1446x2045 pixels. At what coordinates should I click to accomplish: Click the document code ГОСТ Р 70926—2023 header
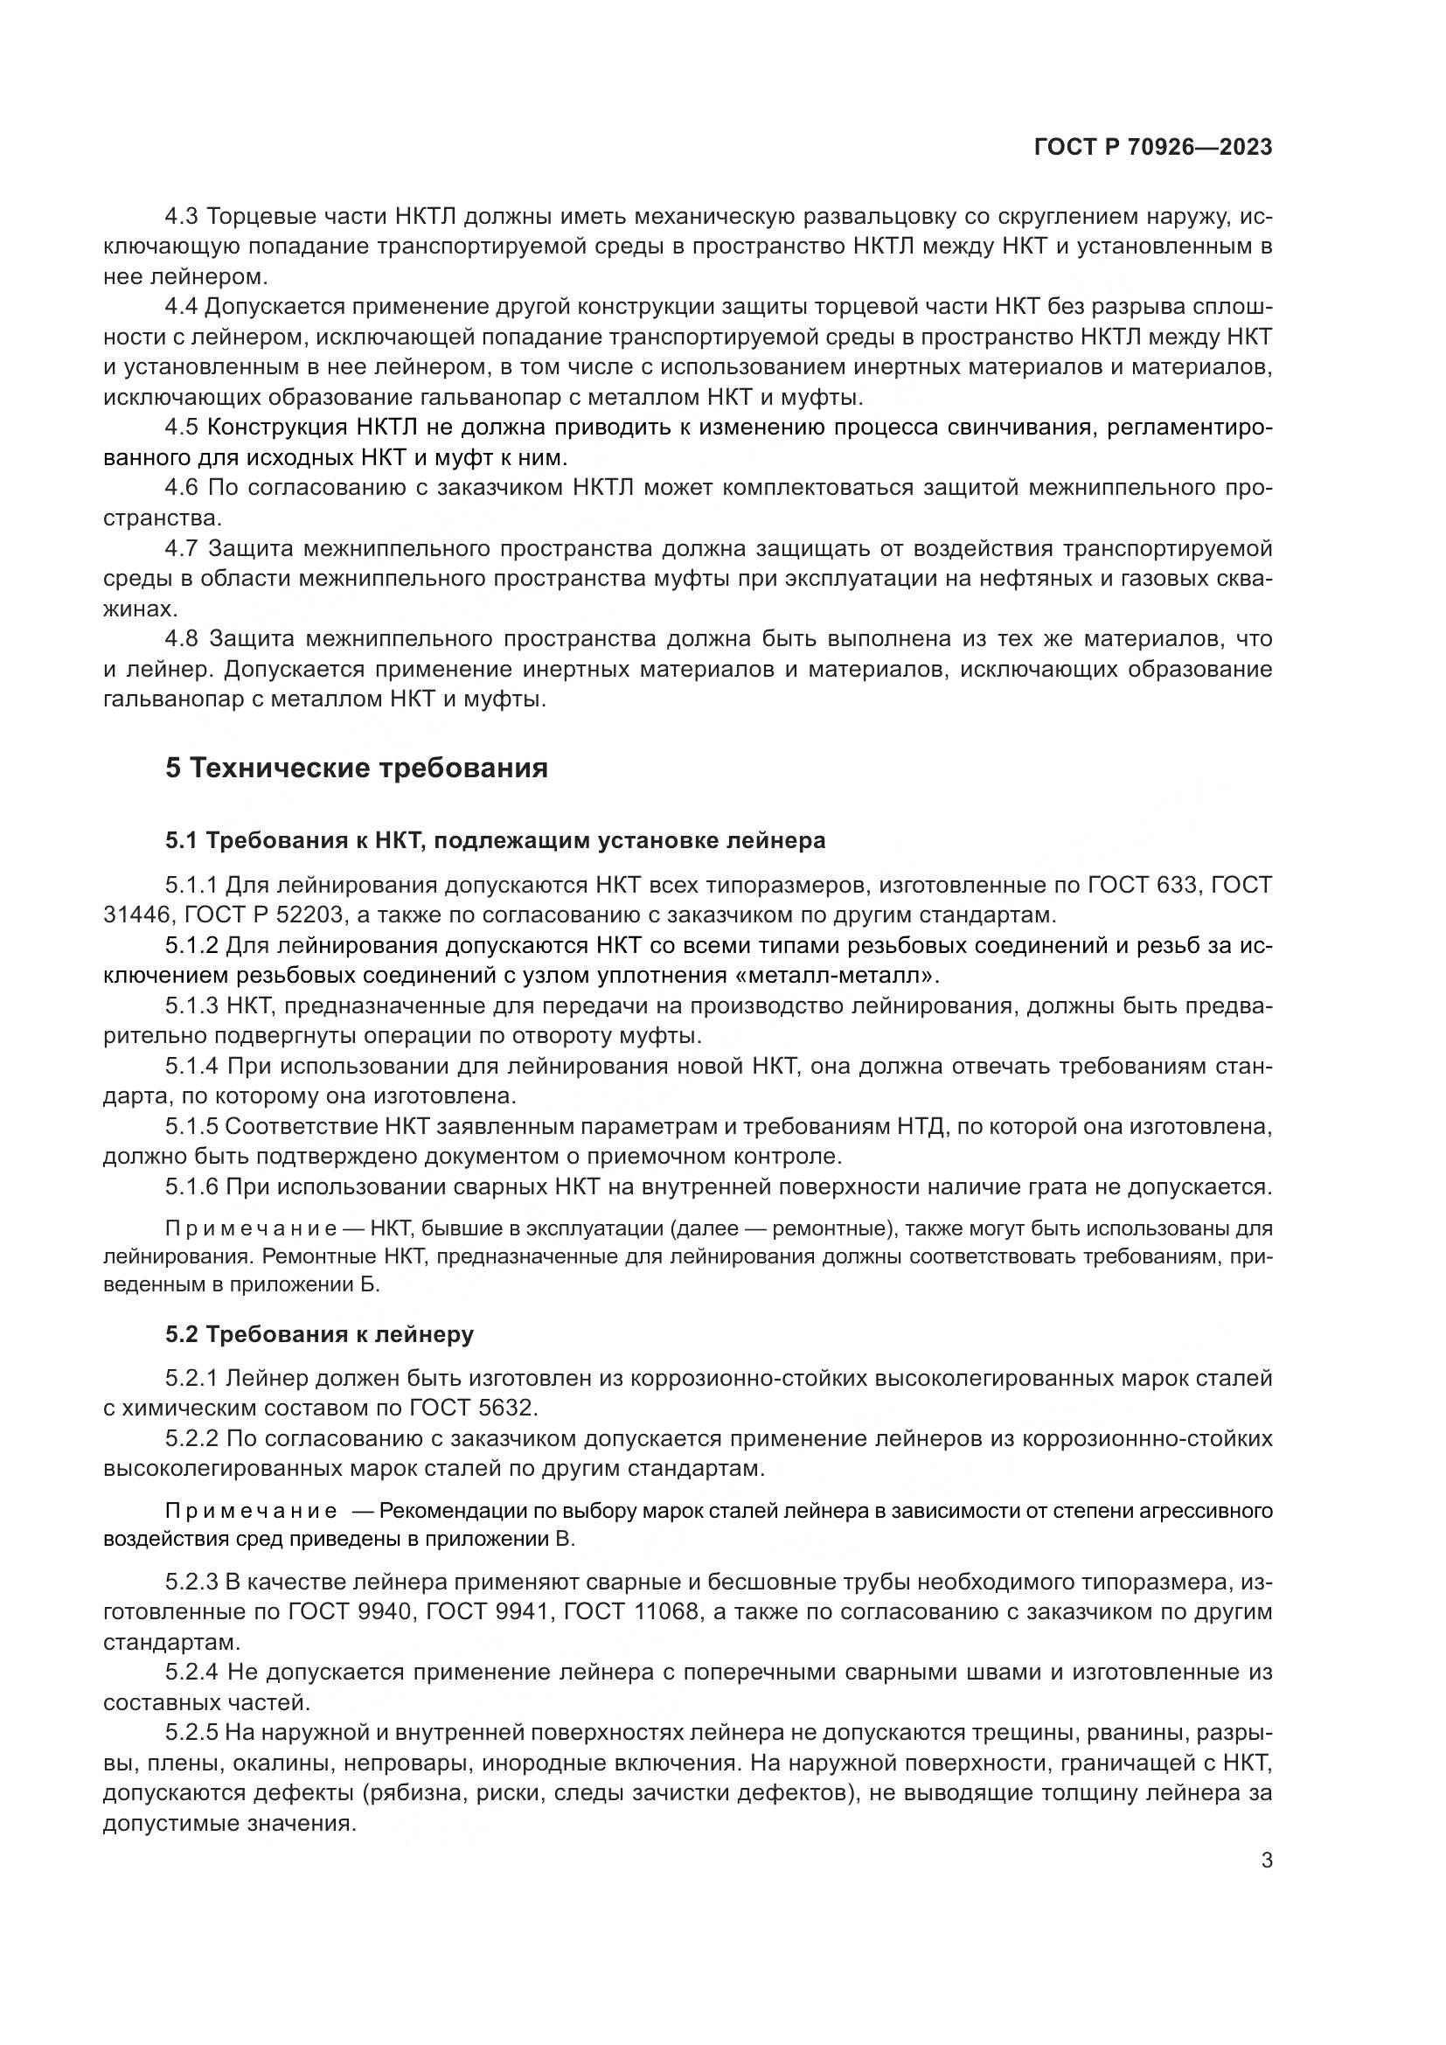pyautogui.click(x=1152, y=148)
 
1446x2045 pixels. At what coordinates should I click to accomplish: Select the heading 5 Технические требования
pyautogui.click(x=356, y=768)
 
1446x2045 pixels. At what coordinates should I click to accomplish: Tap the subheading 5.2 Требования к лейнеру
pyautogui.click(x=320, y=1334)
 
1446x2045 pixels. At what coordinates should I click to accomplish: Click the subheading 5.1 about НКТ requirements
pyautogui.click(x=495, y=840)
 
